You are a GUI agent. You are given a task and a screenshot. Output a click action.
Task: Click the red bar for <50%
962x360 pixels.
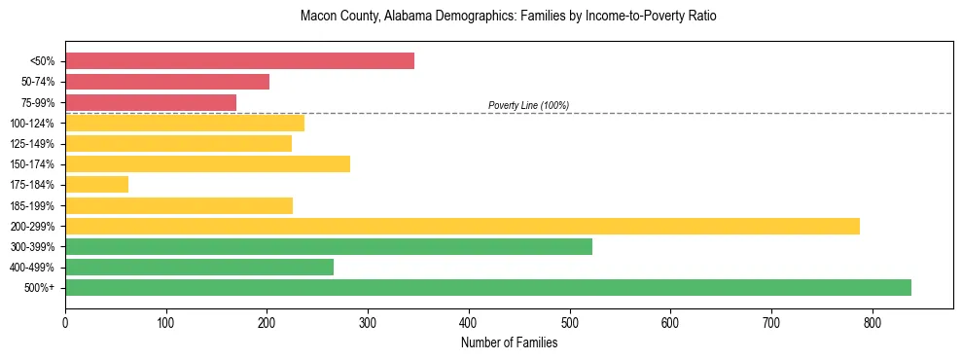coord(239,61)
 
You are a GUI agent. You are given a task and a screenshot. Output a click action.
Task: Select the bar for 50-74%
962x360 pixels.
coord(167,82)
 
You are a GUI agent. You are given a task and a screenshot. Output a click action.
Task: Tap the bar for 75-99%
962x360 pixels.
coord(151,102)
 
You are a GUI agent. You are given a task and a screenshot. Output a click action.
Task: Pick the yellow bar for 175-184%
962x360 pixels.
coord(96,185)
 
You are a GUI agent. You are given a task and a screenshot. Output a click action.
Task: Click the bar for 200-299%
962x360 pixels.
coord(462,226)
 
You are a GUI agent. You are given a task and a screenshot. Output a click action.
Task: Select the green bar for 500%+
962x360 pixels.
coord(488,287)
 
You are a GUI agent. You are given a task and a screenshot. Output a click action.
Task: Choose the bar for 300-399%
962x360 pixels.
coord(329,246)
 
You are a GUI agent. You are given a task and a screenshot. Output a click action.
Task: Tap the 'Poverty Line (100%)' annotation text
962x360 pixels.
coord(528,105)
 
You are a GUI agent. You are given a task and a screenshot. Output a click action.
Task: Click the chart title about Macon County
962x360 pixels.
coord(509,17)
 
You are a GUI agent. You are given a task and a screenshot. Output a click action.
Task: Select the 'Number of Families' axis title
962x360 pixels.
coord(509,342)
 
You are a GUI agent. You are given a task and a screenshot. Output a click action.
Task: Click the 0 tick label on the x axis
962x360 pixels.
coord(65,321)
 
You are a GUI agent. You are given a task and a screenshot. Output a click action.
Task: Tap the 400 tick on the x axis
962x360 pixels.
coord(469,321)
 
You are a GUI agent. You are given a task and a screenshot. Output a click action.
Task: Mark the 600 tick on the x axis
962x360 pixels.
coord(670,321)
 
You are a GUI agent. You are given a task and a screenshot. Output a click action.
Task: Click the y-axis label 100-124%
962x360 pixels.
coord(32,124)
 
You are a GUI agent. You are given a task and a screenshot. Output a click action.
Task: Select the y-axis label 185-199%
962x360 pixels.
coord(32,206)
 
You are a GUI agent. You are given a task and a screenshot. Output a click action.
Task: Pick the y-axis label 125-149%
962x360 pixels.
coord(32,144)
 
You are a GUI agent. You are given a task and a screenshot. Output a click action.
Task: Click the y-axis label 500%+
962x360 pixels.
coord(40,288)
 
